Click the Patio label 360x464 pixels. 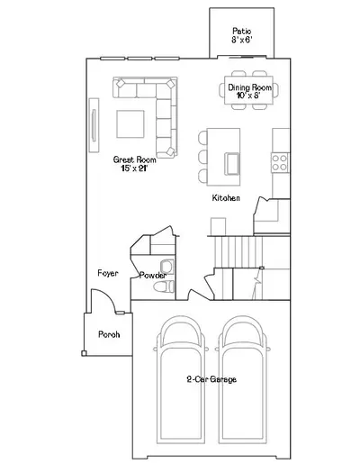[242, 31]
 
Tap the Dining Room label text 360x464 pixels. [250, 87]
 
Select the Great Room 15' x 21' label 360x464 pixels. [134, 164]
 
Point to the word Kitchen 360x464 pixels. [226, 198]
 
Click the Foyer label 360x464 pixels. [108, 273]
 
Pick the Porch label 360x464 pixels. [109, 334]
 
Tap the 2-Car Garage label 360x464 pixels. [211, 379]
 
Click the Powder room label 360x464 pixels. [153, 275]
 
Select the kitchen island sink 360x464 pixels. [232, 164]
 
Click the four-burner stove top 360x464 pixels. [280, 162]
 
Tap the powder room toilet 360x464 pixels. [164, 287]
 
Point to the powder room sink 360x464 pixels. [166, 267]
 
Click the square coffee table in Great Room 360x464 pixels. [130, 124]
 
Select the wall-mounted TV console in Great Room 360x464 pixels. [94, 125]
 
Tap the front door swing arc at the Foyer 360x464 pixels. [108, 296]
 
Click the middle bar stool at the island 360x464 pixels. [202, 157]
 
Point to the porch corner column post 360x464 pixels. [84, 353]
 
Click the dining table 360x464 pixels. [248, 90]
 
